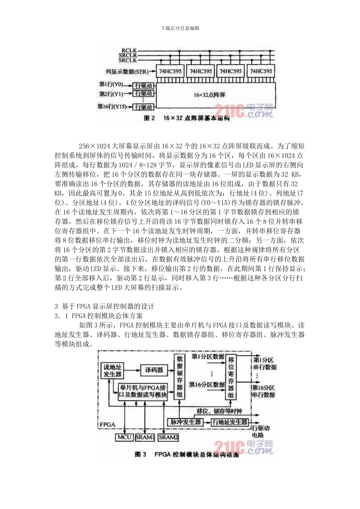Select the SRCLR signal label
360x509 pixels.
click(x=128, y=55)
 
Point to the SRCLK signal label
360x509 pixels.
click(x=128, y=60)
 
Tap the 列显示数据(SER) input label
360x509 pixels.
click(x=127, y=71)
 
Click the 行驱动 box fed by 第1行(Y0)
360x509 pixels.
click(x=144, y=86)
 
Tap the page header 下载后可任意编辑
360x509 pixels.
click(x=180, y=28)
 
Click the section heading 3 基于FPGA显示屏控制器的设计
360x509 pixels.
click(x=105, y=306)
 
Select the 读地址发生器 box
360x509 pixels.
click(x=113, y=370)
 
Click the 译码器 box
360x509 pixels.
click(x=154, y=370)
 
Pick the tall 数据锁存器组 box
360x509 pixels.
click(x=180, y=376)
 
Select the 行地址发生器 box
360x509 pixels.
click(x=230, y=422)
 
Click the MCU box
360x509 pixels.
click(x=124, y=437)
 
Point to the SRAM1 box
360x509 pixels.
click(x=145, y=437)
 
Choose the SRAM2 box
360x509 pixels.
click(x=168, y=437)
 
